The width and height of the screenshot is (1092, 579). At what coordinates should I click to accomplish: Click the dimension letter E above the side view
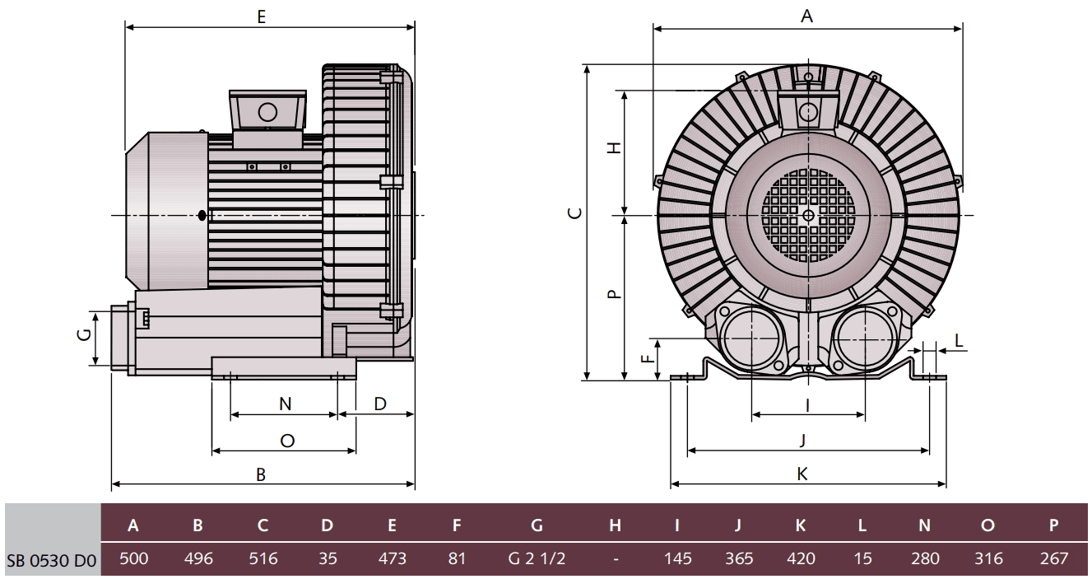pos(261,16)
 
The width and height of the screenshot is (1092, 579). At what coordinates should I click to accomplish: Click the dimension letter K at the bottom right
pos(802,474)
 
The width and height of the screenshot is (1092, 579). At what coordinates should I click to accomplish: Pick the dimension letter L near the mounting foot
pos(960,340)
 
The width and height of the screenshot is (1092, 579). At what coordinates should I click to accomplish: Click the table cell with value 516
pos(263,558)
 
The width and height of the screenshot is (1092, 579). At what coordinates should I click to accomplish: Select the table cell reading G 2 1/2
pos(537,558)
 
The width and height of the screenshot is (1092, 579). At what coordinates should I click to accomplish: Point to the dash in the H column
pos(616,558)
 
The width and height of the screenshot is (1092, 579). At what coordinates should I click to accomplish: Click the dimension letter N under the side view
pos(285,404)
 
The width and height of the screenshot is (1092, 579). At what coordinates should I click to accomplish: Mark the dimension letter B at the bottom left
pos(261,474)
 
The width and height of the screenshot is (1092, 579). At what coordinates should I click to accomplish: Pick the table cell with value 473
pos(392,558)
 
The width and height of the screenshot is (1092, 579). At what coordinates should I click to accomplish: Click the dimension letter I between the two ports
pos(808,404)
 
